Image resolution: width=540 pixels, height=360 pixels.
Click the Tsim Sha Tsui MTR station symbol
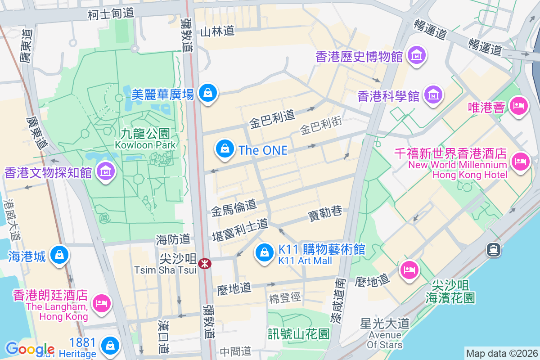point(204,263)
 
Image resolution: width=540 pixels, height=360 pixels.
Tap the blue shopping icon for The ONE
point(224,148)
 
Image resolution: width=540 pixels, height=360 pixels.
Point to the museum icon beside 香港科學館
point(433,95)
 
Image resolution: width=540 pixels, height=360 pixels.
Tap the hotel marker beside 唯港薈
point(519,106)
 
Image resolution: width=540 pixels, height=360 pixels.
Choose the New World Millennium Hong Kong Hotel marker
point(521,161)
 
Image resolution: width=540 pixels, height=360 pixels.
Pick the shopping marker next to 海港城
point(59,255)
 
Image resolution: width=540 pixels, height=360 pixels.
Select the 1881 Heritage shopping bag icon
point(109,346)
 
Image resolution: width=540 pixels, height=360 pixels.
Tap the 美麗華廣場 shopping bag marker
point(207,93)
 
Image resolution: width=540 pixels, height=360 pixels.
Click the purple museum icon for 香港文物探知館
point(105,171)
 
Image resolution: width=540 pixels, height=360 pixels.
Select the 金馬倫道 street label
point(234,207)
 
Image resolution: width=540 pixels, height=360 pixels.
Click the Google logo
point(30,349)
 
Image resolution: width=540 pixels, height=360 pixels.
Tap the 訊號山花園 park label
point(299,333)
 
